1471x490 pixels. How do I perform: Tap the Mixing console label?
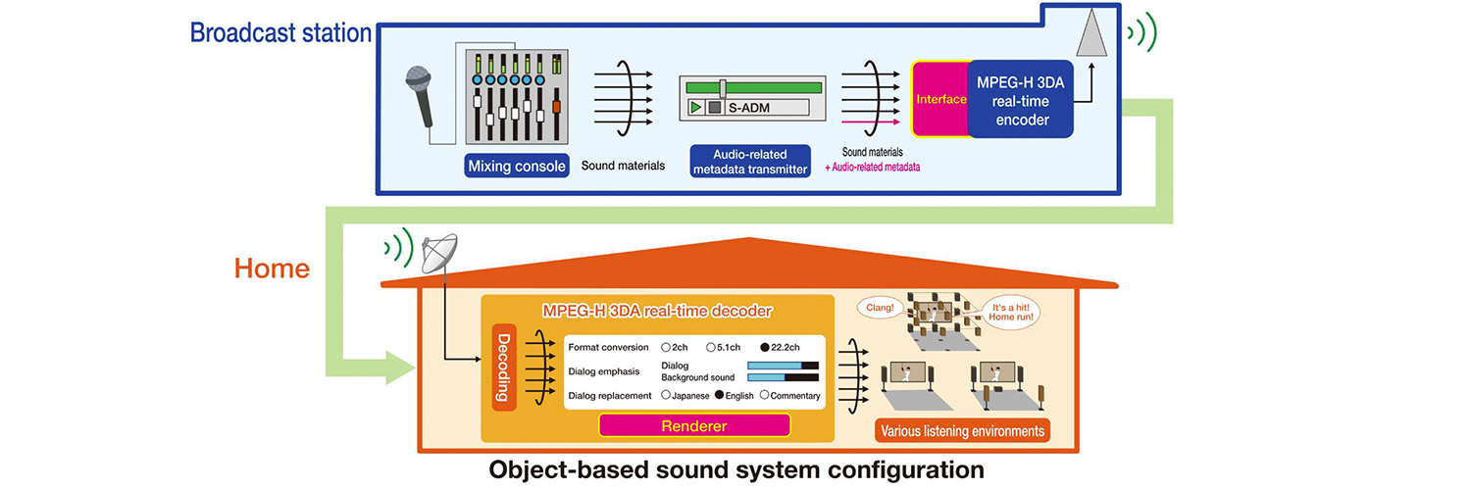(517, 166)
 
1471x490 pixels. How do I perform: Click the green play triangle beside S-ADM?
(695, 107)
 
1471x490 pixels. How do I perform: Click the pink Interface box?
(940, 99)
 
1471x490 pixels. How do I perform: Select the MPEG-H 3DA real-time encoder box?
(1020, 98)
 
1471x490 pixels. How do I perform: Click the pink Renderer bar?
(694, 424)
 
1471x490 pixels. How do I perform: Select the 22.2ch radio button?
(764, 348)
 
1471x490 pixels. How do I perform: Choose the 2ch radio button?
(667, 348)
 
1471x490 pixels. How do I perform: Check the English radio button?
(720, 395)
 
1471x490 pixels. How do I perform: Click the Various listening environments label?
(961, 430)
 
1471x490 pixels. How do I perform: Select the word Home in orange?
(271, 269)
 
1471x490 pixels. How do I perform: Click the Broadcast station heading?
(280, 33)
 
